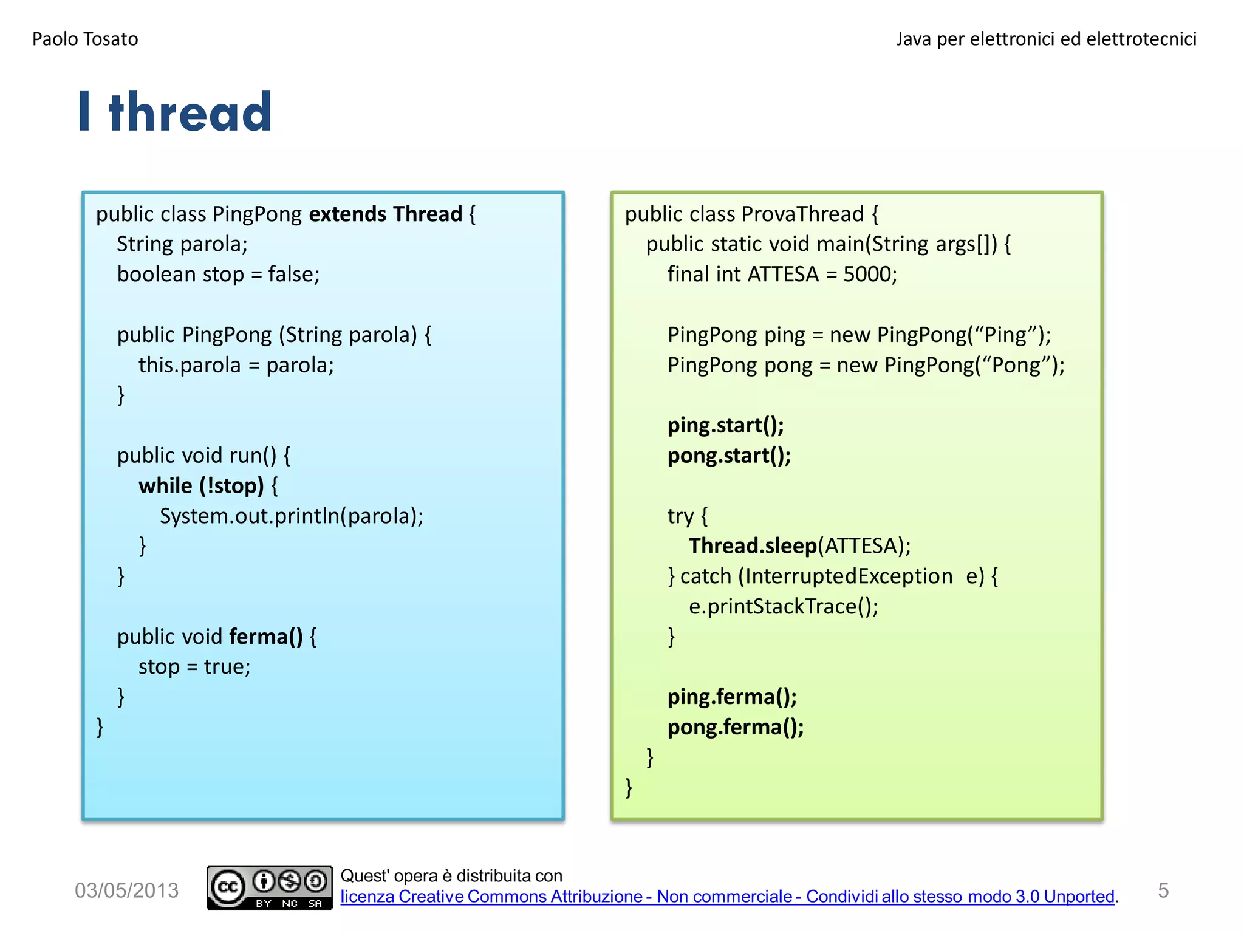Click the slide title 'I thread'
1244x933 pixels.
pos(175,112)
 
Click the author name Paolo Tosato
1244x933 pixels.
pos(85,39)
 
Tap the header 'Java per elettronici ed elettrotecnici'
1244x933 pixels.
pos(1045,39)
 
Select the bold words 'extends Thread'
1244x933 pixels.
pos(386,214)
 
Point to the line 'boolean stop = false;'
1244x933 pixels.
pos(218,275)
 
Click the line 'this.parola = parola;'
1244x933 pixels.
pos(236,365)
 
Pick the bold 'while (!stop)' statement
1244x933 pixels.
pos(201,486)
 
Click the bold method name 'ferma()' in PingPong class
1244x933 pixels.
pos(265,637)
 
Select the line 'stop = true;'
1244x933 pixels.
pos(194,667)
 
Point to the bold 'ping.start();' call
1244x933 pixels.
pos(725,425)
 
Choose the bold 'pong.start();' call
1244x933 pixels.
pos(729,456)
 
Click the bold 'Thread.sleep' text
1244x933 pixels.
pos(753,546)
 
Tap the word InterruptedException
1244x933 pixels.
pos(849,576)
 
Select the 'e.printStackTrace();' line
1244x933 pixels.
pos(783,606)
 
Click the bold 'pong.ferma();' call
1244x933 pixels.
pos(736,727)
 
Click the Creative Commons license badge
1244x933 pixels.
pos(269,887)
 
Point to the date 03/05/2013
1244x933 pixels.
pos(126,890)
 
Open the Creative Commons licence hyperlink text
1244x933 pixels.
pos(727,897)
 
